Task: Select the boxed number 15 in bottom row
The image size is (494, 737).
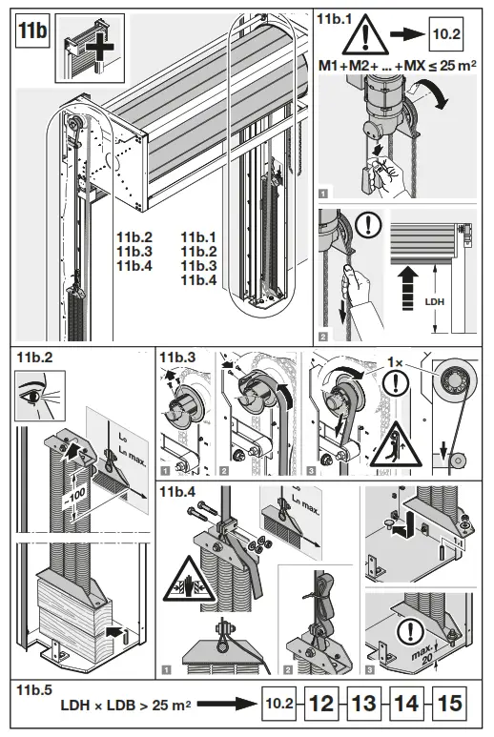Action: point(450,706)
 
